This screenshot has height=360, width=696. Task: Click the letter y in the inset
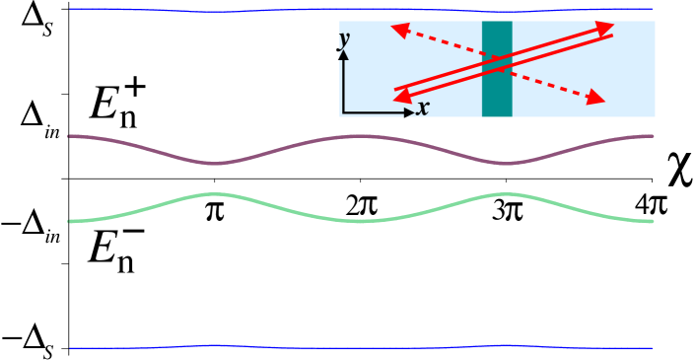point(344,39)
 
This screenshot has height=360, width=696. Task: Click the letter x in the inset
point(422,108)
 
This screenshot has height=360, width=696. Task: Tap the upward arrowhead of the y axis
point(343,55)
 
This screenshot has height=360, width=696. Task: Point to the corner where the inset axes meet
point(343,113)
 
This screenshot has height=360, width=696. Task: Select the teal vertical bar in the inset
point(497,68)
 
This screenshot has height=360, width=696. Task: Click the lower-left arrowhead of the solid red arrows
point(402,95)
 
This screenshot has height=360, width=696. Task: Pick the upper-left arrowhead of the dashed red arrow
point(400,30)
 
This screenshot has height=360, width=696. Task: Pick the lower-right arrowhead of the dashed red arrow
point(595,98)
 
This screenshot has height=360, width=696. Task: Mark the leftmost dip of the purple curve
point(217,163)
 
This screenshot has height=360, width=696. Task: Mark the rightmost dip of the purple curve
point(505,163)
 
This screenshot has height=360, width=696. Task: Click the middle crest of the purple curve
point(361,136)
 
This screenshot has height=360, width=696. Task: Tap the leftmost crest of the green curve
point(215,194)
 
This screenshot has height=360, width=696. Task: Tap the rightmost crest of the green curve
point(505,194)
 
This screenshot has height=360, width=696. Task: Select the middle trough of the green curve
point(361,221)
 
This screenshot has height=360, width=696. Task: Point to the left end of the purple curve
point(70,136)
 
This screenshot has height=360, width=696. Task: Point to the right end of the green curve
point(651,221)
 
